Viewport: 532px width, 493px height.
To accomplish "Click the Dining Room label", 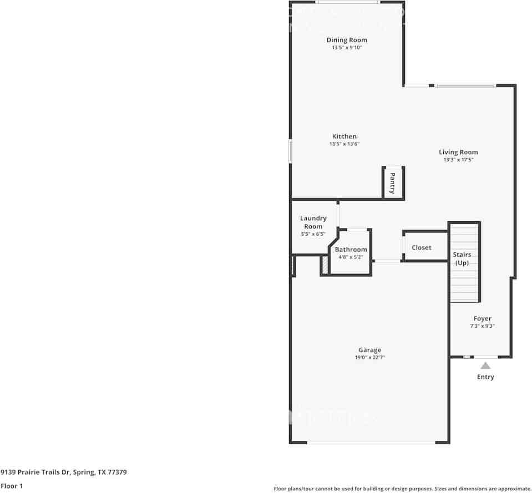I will (346, 40).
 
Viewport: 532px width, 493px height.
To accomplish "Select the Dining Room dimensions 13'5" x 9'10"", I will (346, 48).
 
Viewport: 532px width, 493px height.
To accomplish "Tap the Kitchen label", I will (344, 136).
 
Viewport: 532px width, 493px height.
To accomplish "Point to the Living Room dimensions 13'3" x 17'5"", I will (458, 160).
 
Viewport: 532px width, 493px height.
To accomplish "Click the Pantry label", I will (392, 183).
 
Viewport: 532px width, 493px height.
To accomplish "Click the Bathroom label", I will (351, 250).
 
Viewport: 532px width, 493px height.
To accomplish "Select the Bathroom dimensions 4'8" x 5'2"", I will (351, 257).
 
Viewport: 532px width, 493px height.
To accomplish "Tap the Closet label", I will (422, 247).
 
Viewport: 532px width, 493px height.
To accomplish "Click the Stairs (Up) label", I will (462, 258).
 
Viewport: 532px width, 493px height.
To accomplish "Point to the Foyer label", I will (482, 319).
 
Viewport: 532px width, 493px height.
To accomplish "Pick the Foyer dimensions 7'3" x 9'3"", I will (482, 327).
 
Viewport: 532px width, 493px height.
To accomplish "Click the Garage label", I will (369, 350).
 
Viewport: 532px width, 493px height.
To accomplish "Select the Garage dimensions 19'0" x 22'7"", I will (369, 358).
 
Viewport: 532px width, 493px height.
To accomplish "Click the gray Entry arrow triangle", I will (485, 365).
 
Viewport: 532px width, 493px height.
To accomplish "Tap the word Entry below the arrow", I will (485, 377).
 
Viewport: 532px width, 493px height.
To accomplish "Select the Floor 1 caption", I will (12, 486).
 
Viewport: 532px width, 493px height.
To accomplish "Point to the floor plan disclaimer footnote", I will (402, 489).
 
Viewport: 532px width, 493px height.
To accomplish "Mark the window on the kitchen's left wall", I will (290, 151).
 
